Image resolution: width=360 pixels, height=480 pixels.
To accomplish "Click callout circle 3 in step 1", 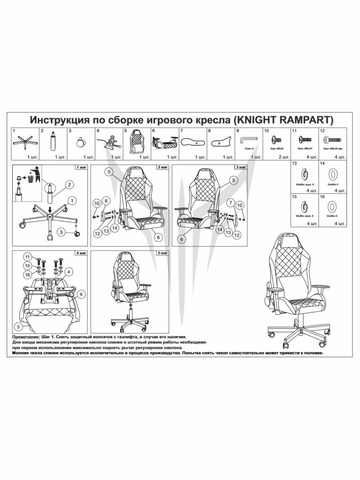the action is [61, 231].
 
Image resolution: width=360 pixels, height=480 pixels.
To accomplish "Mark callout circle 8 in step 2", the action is [106, 200].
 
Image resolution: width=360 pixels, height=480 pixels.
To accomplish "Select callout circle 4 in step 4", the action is [70, 272].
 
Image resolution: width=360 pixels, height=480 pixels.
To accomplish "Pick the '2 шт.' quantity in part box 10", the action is [283, 157].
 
